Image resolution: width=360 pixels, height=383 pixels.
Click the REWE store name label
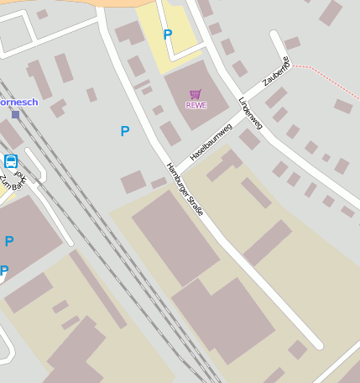(x=196, y=105)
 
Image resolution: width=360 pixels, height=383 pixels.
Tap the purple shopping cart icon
(x=196, y=94)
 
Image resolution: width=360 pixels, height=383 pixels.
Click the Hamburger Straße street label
(x=185, y=189)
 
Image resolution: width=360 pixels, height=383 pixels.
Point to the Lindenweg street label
(x=250, y=113)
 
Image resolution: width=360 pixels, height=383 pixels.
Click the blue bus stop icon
(x=11, y=160)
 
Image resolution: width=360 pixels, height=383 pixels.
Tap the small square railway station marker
(x=15, y=114)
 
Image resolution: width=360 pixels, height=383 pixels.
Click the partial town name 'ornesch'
(x=18, y=102)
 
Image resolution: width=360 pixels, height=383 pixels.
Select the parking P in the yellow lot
(x=167, y=34)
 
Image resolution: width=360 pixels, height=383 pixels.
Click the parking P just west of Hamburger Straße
(x=125, y=131)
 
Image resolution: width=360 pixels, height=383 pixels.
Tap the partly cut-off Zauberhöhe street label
(x=276, y=71)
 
